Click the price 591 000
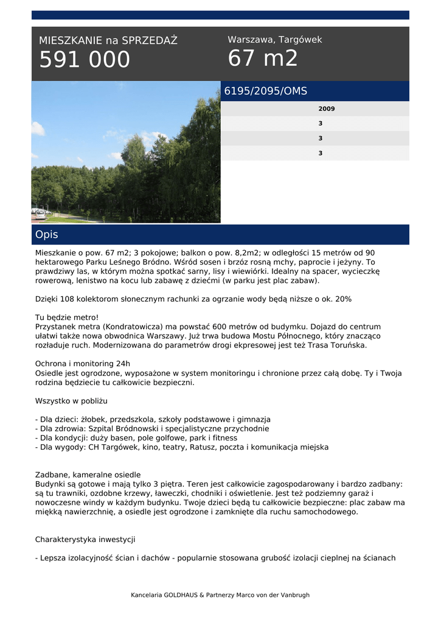tap(85, 60)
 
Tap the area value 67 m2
tap(263, 58)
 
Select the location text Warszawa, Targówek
tap(274, 40)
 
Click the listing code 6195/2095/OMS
tap(266, 91)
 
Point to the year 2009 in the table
tap(326, 109)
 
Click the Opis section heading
tap(47, 234)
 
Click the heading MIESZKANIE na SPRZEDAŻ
tap(108, 41)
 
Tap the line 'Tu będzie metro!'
tap(67, 318)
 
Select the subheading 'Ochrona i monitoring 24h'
tap(83, 364)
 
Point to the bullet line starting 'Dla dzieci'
tap(153, 419)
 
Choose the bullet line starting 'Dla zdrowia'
tap(152, 428)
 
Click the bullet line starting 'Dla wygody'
tap(182, 447)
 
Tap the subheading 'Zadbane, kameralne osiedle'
tap(88, 475)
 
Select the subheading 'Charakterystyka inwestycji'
tap(85, 539)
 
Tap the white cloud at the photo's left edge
tap(38, 128)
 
